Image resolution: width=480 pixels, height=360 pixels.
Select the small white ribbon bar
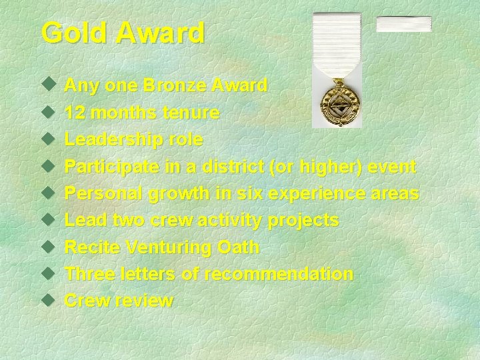pos(403,24)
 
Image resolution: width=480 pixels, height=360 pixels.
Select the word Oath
pos(239,247)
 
